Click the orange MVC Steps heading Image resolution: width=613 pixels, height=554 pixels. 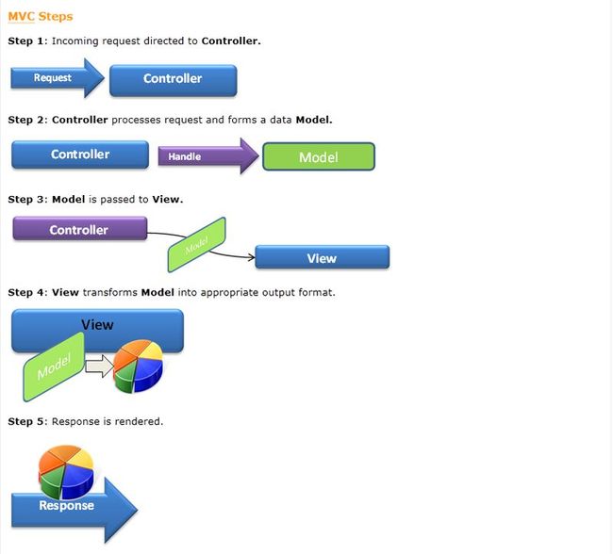[41, 16]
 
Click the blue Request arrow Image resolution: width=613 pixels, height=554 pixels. [58, 78]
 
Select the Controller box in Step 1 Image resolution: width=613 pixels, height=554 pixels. [174, 80]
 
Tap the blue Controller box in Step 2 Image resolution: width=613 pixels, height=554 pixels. [80, 155]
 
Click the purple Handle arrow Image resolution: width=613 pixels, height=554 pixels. [208, 155]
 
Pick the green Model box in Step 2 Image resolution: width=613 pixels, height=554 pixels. [319, 156]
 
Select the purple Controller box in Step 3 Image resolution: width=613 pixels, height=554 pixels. [80, 229]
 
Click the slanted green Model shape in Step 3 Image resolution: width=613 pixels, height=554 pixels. [197, 245]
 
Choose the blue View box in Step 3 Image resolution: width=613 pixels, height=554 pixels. [323, 257]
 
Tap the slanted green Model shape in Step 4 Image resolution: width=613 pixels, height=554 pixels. [54, 367]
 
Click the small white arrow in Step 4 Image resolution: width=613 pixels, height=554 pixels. [99, 367]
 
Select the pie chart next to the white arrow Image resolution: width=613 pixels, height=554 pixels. [138, 366]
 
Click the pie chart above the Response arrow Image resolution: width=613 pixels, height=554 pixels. [66, 472]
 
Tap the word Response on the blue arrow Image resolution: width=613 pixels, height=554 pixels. [66, 505]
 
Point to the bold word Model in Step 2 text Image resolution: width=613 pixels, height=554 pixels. [313, 120]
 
